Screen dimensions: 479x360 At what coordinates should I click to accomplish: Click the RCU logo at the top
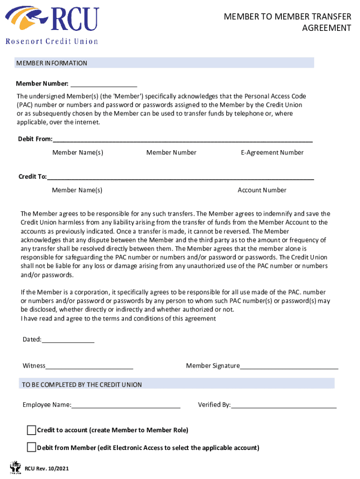(52, 19)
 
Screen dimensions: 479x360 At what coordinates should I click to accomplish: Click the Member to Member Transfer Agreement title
(287, 22)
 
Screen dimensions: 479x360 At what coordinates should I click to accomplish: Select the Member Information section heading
(52, 63)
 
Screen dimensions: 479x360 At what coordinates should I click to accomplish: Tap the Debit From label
(35, 139)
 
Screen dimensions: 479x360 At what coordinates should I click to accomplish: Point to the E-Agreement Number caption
(272, 152)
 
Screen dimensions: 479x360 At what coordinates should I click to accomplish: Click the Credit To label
(32, 176)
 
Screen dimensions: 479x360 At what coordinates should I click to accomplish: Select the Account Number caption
(262, 190)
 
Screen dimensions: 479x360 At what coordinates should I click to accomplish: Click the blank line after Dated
(68, 340)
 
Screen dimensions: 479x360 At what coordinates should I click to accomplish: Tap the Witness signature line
(89, 366)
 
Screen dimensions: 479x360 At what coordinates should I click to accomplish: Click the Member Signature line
(289, 366)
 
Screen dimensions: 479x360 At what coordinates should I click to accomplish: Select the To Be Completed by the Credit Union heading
(82, 385)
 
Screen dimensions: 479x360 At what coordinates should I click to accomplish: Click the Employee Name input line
(126, 405)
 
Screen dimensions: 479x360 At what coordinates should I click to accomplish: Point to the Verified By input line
(284, 405)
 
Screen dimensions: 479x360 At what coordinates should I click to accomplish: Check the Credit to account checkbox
(31, 430)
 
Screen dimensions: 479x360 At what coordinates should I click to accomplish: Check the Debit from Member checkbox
(31, 447)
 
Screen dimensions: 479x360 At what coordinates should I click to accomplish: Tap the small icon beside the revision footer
(15, 467)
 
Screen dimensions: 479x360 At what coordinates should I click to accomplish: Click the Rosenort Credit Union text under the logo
(52, 41)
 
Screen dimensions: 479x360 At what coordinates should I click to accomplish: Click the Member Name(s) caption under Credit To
(77, 190)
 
